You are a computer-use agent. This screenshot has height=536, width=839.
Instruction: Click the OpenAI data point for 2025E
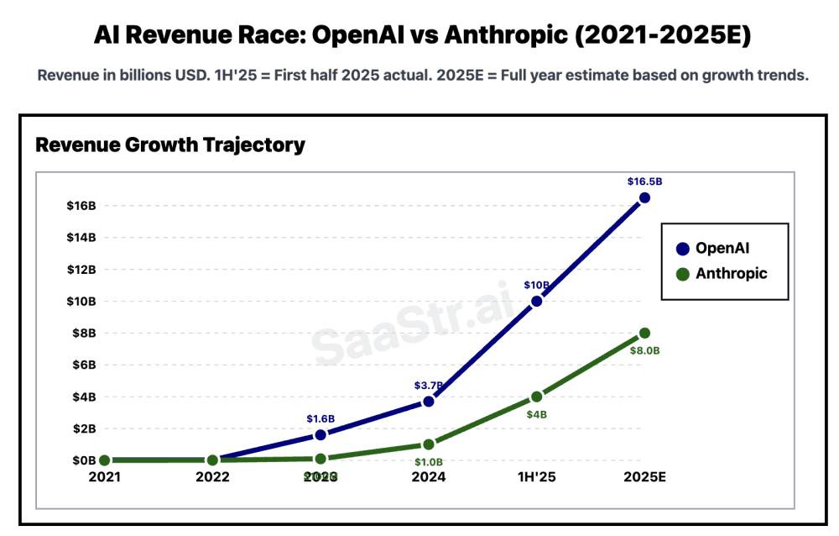644,197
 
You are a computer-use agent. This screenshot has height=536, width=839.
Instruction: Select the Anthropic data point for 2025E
644,334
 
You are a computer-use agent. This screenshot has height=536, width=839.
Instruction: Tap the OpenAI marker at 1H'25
536,301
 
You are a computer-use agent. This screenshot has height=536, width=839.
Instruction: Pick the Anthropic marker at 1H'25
536,397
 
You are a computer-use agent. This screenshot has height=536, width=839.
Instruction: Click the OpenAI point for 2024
429,401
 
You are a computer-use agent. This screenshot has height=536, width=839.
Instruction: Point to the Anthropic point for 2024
429,444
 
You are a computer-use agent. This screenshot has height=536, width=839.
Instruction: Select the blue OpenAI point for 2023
320,434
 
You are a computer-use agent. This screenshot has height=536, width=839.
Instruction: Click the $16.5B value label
644,181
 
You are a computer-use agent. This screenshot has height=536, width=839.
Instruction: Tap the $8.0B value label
644,350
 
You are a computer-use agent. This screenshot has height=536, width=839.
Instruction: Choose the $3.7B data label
429,385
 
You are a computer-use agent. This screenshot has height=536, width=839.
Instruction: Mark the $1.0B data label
429,462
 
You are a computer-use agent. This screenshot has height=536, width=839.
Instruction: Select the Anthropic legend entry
731,273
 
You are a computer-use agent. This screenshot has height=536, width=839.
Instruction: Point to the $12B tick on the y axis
81,269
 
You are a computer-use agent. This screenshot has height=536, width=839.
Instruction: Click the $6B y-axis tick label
81,365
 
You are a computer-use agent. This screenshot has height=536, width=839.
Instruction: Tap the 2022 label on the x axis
212,476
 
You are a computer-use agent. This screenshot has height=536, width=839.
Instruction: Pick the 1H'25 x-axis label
536,476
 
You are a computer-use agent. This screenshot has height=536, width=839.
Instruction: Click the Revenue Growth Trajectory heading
170,145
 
